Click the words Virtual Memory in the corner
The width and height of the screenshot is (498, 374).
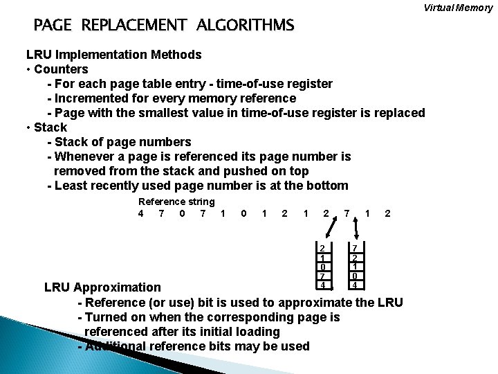point(459,8)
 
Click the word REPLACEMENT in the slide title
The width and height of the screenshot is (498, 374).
point(133,26)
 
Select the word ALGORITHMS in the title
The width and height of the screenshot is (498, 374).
point(245,26)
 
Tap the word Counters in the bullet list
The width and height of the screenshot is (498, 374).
point(61,69)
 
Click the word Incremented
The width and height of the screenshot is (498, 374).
point(95,98)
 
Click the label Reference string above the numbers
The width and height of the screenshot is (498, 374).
point(176,202)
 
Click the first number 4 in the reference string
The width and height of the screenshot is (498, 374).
point(141,213)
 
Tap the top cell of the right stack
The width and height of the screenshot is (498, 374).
point(353,249)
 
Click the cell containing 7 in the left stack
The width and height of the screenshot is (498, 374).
point(321,276)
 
